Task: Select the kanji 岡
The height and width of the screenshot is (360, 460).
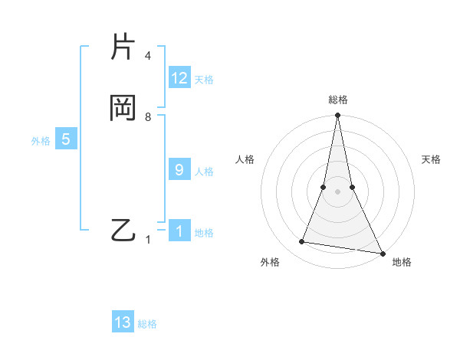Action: (123, 109)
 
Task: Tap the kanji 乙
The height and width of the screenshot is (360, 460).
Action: (123, 230)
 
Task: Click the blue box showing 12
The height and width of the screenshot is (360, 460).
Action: (179, 78)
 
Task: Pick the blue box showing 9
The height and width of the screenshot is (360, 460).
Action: (179, 170)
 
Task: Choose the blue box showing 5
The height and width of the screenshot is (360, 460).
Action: (66, 139)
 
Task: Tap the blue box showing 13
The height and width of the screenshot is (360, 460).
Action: (123, 322)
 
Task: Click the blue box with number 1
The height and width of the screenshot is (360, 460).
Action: (179, 231)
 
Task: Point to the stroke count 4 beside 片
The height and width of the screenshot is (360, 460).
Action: (148, 56)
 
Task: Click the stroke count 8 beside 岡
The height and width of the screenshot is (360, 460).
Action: (148, 117)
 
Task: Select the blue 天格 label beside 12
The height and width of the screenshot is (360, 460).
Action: (204, 80)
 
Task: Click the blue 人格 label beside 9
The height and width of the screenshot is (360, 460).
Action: (204, 172)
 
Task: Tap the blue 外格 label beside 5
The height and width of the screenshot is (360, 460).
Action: (41, 141)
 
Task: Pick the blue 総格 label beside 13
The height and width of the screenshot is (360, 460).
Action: (147, 324)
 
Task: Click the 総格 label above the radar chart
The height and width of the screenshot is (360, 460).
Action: (338, 100)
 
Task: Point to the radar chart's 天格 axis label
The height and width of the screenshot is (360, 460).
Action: (431, 159)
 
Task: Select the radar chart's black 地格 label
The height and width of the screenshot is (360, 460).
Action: (402, 262)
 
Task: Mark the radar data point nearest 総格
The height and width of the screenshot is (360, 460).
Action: (337, 116)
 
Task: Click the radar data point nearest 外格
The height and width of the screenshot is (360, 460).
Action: (302, 242)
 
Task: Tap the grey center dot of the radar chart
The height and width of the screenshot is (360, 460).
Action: (337, 191)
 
